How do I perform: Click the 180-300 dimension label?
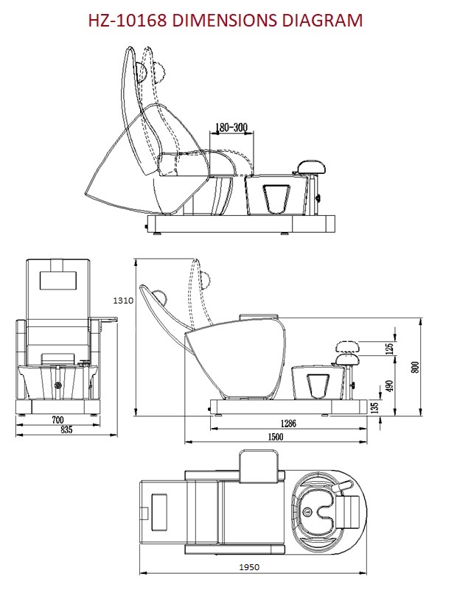(x=230, y=127)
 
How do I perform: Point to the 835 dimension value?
(x=66, y=429)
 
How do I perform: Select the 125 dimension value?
(x=388, y=347)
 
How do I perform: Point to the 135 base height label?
(x=375, y=407)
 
